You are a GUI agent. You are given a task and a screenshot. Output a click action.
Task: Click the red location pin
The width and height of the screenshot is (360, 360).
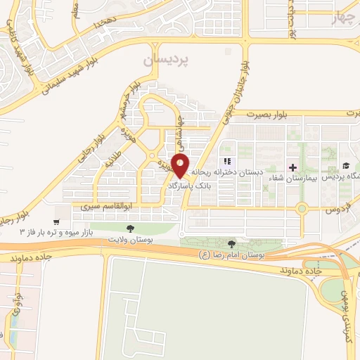181,166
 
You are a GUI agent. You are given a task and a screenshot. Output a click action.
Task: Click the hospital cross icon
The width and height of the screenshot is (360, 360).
293,167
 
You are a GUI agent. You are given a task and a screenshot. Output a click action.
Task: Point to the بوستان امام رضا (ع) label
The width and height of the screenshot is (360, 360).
233,254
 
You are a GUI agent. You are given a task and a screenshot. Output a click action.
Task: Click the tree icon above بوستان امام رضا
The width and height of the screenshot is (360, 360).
232,243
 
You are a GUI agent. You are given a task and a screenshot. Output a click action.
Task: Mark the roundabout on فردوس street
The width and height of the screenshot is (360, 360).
302,208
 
